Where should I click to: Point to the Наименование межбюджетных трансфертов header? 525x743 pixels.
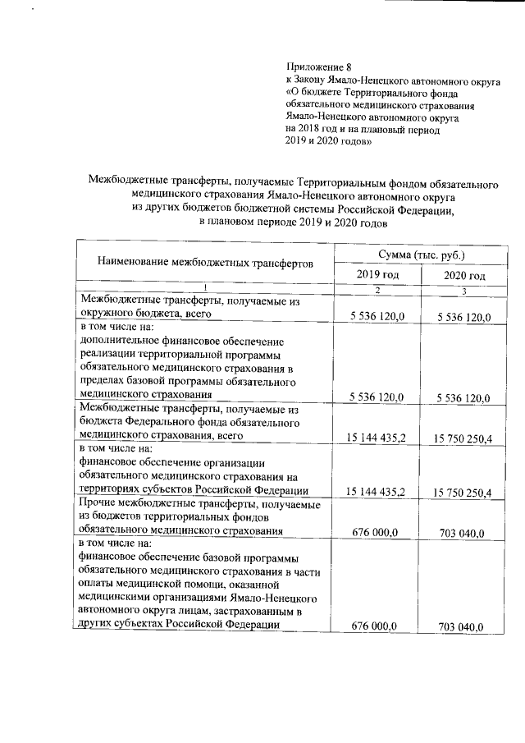[205, 264]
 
